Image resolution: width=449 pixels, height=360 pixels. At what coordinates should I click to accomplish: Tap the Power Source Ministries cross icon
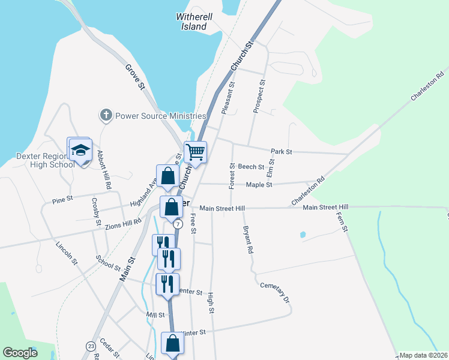pos(106,115)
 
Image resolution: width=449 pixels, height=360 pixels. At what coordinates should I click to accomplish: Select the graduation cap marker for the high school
pos(79,149)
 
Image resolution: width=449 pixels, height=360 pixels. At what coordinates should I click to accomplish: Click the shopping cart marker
pos(195,152)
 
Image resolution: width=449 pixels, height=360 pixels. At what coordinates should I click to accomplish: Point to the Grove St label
pos(136,77)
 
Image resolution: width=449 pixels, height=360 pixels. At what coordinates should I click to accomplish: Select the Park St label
pos(281,152)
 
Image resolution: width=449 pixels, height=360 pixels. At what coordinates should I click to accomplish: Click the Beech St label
pos(251,166)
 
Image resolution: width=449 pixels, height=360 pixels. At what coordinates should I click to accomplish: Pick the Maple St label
pos(259,185)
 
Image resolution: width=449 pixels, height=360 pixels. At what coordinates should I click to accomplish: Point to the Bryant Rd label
pos(248,239)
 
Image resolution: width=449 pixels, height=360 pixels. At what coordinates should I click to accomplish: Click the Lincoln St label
pos(67,253)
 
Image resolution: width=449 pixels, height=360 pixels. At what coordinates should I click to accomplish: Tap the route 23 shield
pos(91,346)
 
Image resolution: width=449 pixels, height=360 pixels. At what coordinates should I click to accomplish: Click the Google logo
pos(20,353)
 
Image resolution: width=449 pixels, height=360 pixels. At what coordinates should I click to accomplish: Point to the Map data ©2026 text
pos(424,355)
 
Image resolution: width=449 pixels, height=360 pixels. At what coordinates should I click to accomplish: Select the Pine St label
pos(62,198)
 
